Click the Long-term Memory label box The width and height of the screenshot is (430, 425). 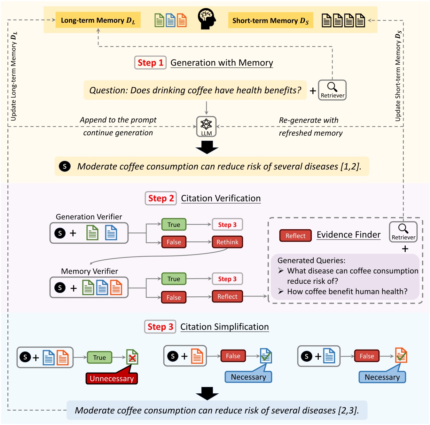click(x=98, y=20)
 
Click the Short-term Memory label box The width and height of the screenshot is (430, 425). click(x=270, y=21)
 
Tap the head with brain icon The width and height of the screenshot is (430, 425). click(x=207, y=19)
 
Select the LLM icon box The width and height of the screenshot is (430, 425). click(x=206, y=127)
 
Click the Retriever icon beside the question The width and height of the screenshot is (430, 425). click(x=332, y=90)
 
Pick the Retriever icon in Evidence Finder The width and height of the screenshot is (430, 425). click(x=403, y=232)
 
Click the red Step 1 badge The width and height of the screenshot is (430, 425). click(x=150, y=63)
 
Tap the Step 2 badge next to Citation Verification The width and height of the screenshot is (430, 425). click(x=161, y=198)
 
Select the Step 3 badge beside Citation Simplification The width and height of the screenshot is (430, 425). click(x=160, y=327)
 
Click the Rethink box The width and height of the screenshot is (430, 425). click(x=227, y=242)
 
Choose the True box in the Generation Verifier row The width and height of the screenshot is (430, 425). click(x=174, y=224)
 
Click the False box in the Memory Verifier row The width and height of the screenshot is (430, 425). click(x=174, y=297)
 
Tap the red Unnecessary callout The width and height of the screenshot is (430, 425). click(x=112, y=378)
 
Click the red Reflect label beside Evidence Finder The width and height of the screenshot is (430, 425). click(x=295, y=236)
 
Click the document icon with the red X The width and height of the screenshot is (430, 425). click(x=132, y=357)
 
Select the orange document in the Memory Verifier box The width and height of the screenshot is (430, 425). click(x=116, y=287)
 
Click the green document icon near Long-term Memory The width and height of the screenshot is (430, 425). click(x=159, y=20)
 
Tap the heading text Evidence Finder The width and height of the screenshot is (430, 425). click(x=348, y=235)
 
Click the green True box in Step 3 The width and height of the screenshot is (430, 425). click(x=99, y=358)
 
